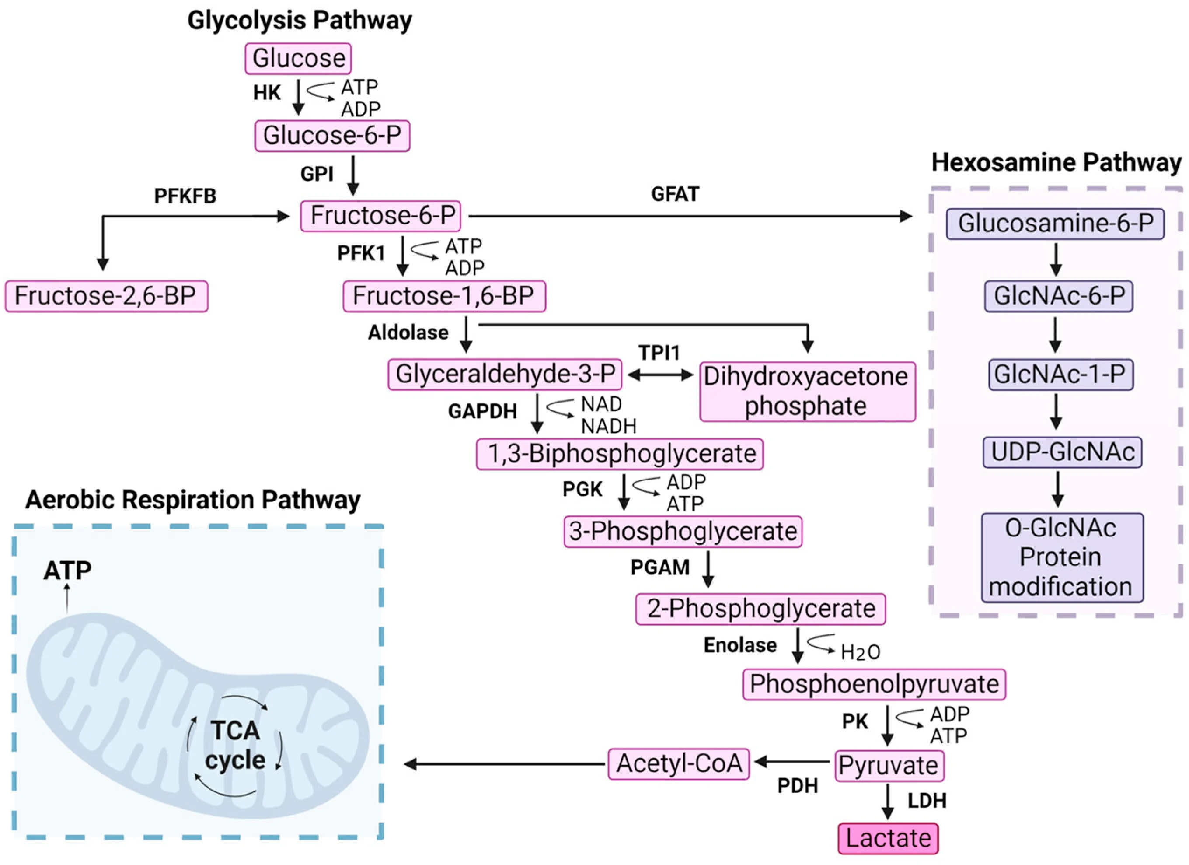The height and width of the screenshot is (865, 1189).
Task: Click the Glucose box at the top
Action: (x=298, y=58)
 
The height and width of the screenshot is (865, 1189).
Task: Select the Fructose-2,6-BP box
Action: (x=106, y=296)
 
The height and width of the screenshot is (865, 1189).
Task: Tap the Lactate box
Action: (x=888, y=838)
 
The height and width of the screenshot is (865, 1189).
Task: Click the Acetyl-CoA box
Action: (x=679, y=764)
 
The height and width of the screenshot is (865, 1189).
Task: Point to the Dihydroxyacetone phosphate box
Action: (x=807, y=391)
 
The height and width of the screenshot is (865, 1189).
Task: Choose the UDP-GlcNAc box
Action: (x=1062, y=452)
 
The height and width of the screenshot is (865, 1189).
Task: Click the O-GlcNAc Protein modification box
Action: (x=1062, y=557)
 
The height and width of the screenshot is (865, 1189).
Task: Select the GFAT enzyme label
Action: (x=675, y=195)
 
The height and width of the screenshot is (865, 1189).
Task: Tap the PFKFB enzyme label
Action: (x=185, y=196)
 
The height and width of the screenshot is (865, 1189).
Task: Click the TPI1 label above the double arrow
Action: (x=659, y=353)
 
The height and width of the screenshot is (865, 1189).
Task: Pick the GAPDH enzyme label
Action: (x=482, y=411)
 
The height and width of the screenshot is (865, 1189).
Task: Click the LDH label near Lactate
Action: (x=927, y=801)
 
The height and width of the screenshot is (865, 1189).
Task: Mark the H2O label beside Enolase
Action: (x=860, y=652)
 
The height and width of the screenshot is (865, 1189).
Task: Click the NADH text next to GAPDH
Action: (x=608, y=427)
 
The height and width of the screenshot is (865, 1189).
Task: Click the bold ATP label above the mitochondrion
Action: (x=67, y=570)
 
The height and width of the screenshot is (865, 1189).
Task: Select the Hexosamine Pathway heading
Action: (x=1056, y=163)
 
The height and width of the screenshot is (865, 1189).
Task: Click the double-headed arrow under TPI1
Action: (x=660, y=375)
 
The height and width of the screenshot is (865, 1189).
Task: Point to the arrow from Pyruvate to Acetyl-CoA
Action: (x=792, y=761)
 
